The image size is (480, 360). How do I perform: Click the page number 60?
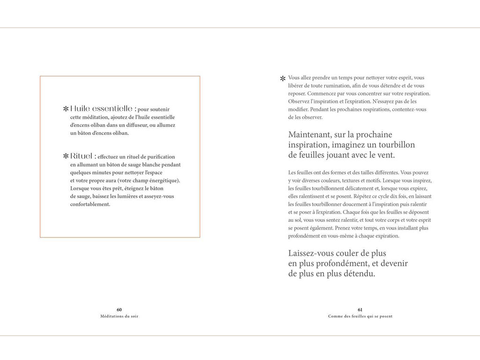pos(119,309)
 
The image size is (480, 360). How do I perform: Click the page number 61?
pos(360,309)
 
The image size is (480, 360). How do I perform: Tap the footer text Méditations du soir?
pos(119,316)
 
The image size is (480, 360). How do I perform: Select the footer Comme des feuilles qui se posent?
pos(360,316)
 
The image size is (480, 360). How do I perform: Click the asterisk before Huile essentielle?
pos(66,109)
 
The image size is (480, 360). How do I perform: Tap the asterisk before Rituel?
pos(66,156)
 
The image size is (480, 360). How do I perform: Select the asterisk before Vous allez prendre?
pos(283,79)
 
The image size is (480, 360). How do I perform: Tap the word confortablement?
pos(90,204)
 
